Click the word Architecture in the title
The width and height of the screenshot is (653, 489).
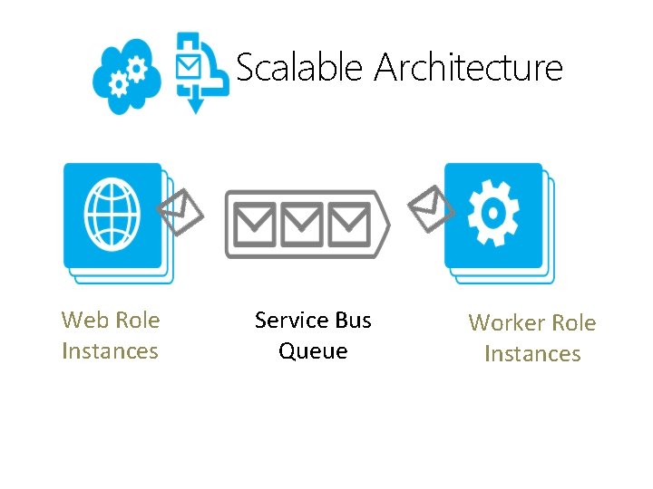468,68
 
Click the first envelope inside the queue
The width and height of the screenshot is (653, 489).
257,224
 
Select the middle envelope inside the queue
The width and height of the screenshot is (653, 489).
302,224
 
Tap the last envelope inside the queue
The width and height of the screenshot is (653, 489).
348,224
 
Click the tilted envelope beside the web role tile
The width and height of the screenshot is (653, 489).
181,211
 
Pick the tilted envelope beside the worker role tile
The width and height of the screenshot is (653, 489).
432,207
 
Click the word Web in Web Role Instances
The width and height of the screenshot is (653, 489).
83,320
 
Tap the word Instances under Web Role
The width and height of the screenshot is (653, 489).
110,350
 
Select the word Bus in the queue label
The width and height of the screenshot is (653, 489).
353,320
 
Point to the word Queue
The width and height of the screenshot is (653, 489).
313,350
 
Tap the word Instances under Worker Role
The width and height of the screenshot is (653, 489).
532,353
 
